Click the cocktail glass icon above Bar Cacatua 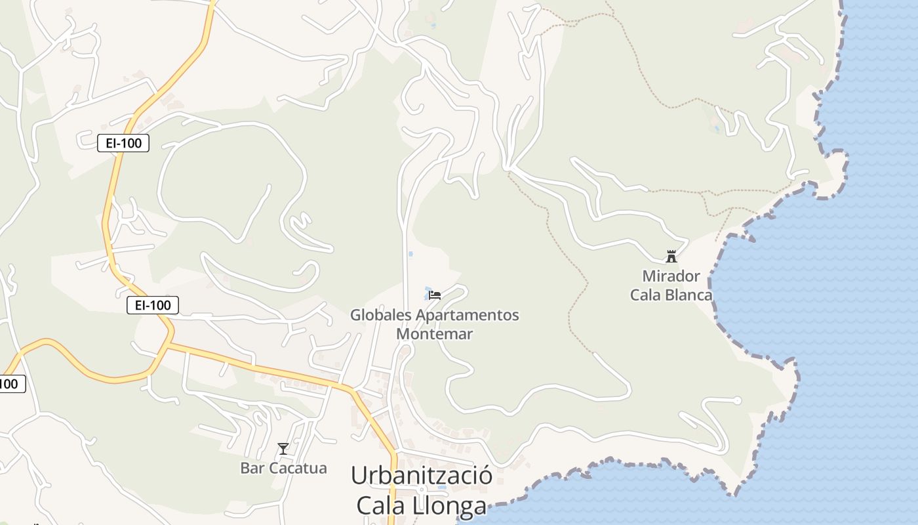(283, 449)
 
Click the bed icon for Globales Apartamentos (435, 295)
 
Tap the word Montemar (435, 333)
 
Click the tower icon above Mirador (671, 256)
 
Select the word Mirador (671, 276)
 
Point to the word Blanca (686, 295)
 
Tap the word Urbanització (422, 475)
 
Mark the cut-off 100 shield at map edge (11, 384)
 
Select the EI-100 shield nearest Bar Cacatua (153, 305)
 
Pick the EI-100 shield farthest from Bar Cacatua (123, 143)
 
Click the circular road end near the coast (737, 400)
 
